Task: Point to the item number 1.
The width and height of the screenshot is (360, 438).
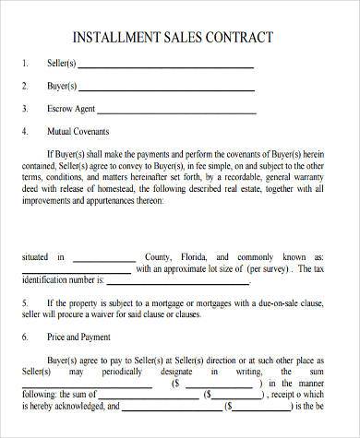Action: (23, 65)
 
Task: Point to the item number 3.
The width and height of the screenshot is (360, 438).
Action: (23, 109)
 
